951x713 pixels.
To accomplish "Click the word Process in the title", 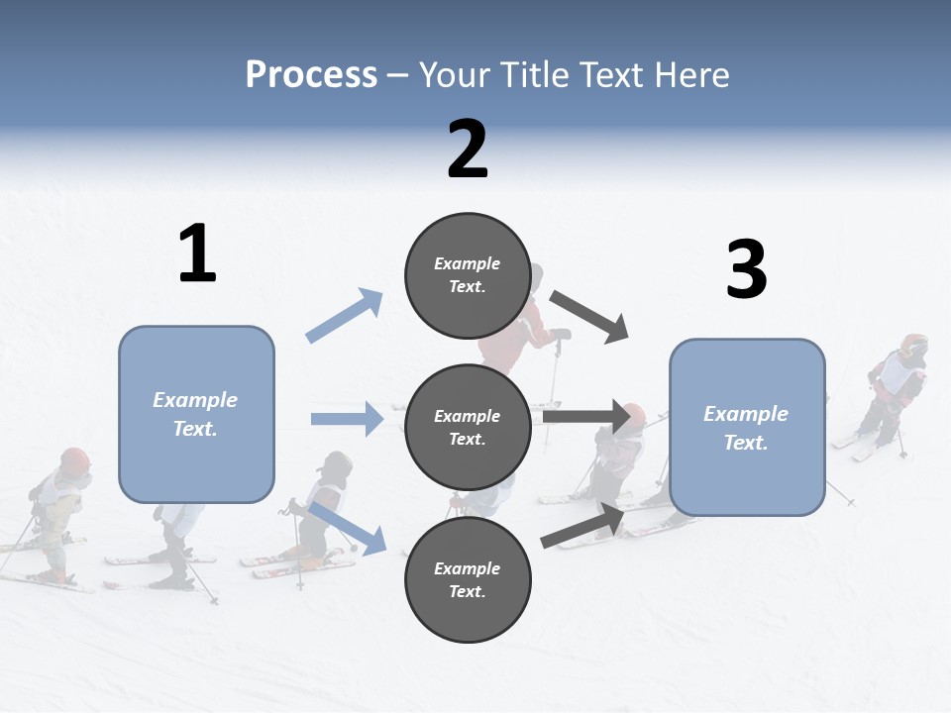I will pyautogui.click(x=311, y=74).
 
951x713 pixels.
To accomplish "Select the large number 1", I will pyautogui.click(x=197, y=254).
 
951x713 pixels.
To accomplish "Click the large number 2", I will pyautogui.click(x=468, y=149).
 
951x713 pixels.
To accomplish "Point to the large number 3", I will pyautogui.click(x=746, y=269).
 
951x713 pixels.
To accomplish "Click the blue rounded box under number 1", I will pyautogui.click(x=196, y=414).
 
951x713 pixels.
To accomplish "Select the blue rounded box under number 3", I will pyautogui.click(x=747, y=427).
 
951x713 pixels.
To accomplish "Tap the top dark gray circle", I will pyautogui.click(x=468, y=275).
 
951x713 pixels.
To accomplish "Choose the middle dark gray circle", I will pyautogui.click(x=468, y=427).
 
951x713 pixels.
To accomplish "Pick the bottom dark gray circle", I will pyautogui.click(x=468, y=579).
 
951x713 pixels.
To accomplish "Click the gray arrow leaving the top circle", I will pyautogui.click(x=589, y=317).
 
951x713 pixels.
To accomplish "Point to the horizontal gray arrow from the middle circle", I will pyautogui.click(x=587, y=417).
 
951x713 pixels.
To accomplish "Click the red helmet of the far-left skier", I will pyautogui.click(x=75, y=459).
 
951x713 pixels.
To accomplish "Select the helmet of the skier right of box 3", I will pyautogui.click(x=913, y=346).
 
